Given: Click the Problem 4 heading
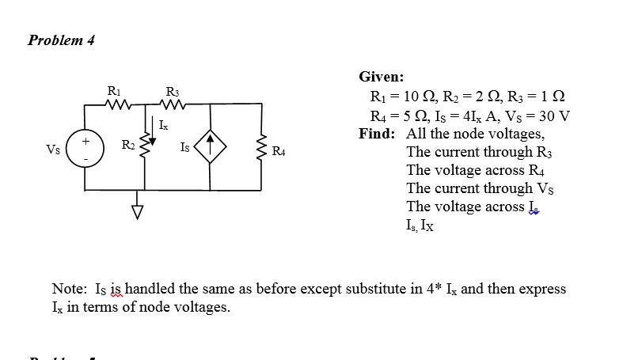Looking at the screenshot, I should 61,40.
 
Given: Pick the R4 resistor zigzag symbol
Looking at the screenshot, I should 261,147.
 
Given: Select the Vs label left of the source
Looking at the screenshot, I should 53,148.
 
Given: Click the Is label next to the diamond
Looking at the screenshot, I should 184,147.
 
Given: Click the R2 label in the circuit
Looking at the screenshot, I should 127,144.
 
